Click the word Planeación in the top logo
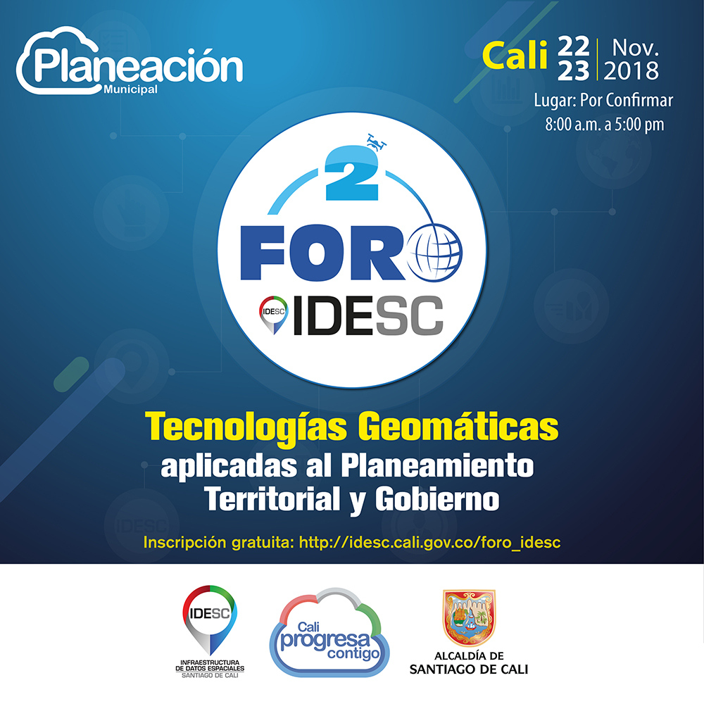click(138, 65)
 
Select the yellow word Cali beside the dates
click(514, 57)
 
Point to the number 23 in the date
click(574, 71)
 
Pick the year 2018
click(631, 71)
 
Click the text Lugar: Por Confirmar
click(603, 101)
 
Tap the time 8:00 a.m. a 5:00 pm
click(604, 125)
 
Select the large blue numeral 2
click(351, 177)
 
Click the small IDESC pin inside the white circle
click(272, 314)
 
